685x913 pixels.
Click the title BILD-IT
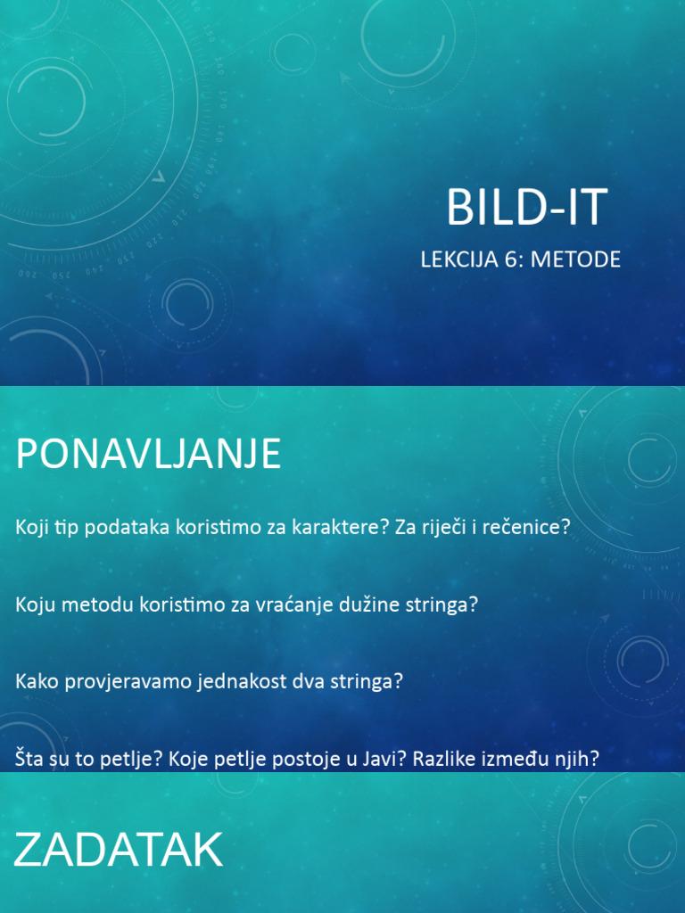(x=526, y=208)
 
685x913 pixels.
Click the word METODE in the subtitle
(x=582, y=259)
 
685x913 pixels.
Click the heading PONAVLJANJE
(x=148, y=455)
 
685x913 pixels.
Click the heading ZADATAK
(x=118, y=851)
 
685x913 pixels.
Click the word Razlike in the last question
(x=442, y=760)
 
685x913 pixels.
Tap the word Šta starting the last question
(x=29, y=760)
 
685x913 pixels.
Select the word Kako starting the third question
(x=35, y=682)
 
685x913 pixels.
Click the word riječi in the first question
(x=443, y=527)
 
